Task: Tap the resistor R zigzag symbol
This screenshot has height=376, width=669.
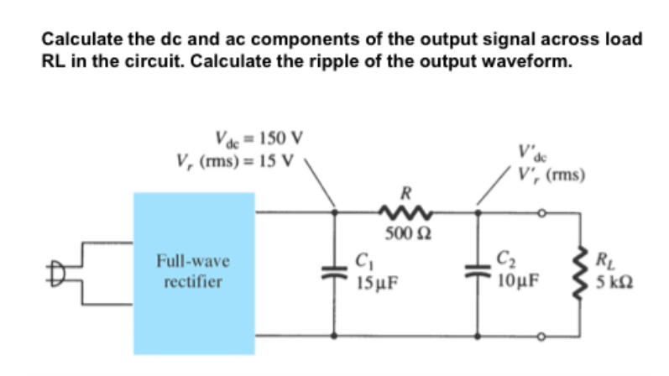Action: pyautogui.click(x=407, y=213)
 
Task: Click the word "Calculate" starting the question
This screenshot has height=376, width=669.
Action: pyautogui.click(x=81, y=39)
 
